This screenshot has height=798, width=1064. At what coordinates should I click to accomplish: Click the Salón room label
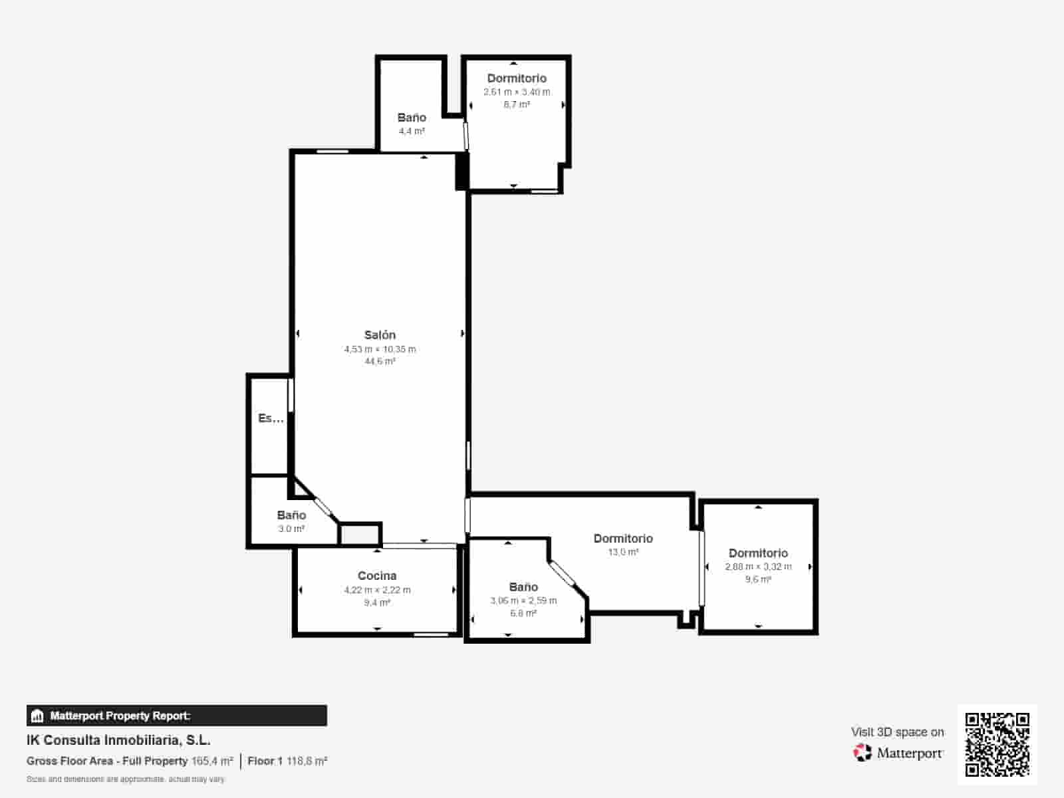tap(380, 335)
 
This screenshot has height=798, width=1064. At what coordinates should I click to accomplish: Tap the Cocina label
tap(377, 576)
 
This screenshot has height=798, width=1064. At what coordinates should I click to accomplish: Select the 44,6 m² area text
tap(380, 361)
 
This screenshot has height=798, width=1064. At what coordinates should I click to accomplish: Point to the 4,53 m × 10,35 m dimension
tap(380, 349)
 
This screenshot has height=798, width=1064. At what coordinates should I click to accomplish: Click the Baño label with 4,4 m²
tap(412, 118)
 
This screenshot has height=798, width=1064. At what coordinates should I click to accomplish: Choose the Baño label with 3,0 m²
tap(291, 515)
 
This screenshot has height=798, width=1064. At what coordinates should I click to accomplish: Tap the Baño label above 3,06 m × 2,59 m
tap(523, 587)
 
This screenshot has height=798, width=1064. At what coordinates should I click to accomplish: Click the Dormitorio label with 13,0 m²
tap(623, 539)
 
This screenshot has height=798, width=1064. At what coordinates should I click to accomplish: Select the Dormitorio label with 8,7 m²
tap(517, 78)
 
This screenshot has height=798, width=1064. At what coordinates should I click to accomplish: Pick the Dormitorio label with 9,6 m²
tap(758, 553)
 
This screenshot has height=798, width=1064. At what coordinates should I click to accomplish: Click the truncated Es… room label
tap(271, 418)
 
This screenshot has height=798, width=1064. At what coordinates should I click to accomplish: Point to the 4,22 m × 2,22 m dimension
tap(377, 590)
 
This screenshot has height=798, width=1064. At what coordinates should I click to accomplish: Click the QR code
tap(997, 744)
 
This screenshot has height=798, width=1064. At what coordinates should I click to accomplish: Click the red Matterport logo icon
tap(863, 753)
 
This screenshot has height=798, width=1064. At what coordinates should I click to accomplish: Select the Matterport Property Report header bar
tap(177, 716)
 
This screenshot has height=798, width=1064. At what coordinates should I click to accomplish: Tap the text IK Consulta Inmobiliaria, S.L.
tap(118, 740)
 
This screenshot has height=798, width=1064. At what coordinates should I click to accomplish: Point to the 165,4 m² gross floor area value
tap(212, 761)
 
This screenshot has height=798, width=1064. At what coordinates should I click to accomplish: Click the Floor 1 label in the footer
tap(265, 761)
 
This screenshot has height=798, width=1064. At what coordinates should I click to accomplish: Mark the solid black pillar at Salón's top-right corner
tap(462, 172)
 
